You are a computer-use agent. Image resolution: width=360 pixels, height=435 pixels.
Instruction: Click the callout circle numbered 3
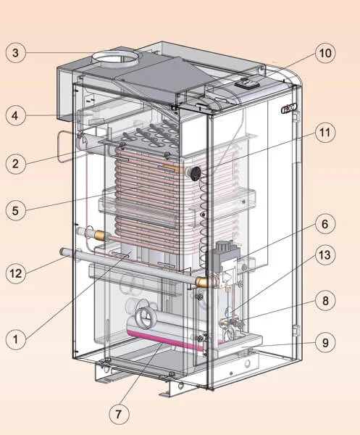coord(16,53)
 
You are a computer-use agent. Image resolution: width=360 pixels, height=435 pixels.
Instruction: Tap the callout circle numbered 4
coord(16,115)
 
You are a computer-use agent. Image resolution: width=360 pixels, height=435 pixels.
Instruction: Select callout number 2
coord(16,164)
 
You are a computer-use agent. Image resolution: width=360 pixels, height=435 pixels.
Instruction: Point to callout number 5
coord(16,210)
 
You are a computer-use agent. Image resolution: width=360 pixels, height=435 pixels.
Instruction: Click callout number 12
coord(16,273)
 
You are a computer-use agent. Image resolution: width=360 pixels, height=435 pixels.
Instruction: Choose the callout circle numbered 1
coord(16,339)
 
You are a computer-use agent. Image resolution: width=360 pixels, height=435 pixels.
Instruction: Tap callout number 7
coord(119,414)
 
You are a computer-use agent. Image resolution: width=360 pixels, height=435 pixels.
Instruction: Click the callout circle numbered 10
coord(325,53)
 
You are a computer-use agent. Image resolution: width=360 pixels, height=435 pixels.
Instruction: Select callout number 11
coord(325,133)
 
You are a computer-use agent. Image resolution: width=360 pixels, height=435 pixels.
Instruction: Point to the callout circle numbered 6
coord(325,224)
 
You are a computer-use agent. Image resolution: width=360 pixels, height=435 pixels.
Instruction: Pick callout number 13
coord(325,255)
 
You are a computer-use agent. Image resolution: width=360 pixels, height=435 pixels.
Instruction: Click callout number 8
coord(325,301)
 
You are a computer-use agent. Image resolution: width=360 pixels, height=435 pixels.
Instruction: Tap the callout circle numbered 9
coord(325,342)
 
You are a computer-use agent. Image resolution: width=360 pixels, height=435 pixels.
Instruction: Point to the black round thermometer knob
coord(195,173)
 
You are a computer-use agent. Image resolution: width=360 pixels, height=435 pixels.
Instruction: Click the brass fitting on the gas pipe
coord(201,282)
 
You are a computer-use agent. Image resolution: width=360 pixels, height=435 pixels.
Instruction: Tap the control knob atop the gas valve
coord(223,246)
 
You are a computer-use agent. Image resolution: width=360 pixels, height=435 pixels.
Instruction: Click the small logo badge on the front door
coord(289,109)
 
